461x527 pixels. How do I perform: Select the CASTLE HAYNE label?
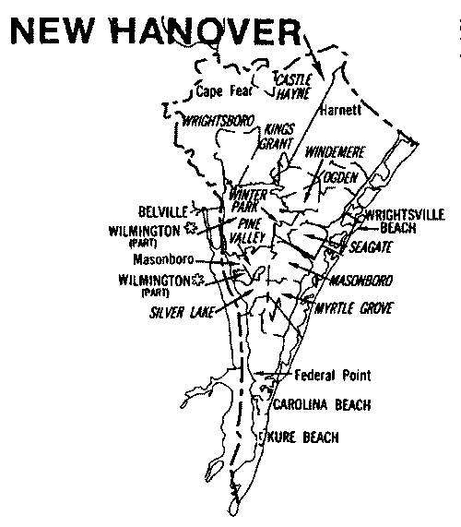(x=293, y=88)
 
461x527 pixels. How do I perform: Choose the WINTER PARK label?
(x=247, y=200)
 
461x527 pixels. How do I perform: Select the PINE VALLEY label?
(x=253, y=230)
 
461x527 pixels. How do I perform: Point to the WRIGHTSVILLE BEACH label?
(x=403, y=219)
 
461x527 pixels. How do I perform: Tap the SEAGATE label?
(x=371, y=247)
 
